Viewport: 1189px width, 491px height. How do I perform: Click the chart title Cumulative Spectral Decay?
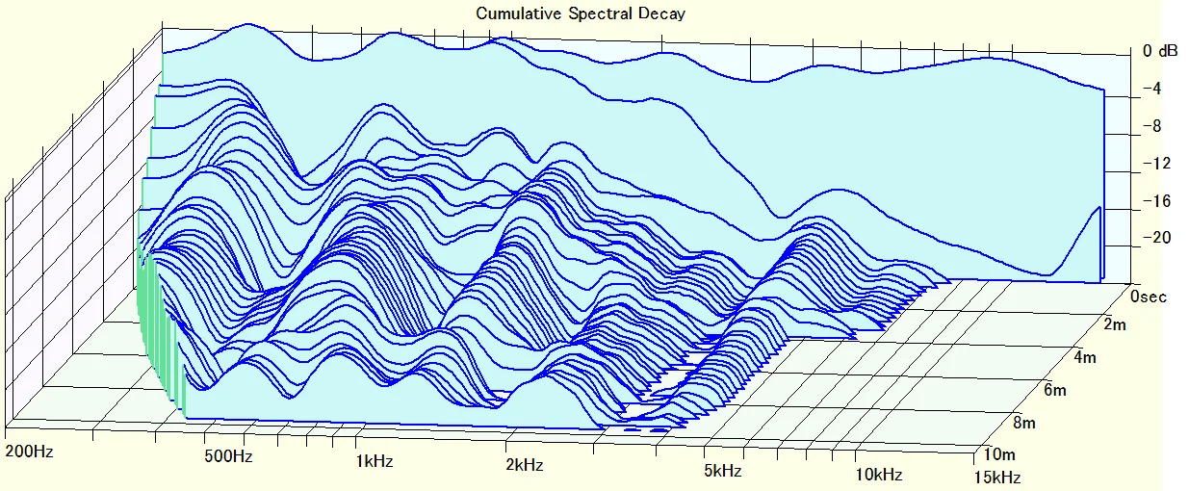coord(580,13)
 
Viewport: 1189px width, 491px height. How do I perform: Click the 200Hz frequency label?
coord(30,452)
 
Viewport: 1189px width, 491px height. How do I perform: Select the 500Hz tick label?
coord(229,455)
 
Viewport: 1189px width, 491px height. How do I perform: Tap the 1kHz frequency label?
coord(375,461)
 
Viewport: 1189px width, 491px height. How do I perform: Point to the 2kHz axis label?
coord(525,465)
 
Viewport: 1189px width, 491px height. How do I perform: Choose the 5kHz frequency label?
coord(722,471)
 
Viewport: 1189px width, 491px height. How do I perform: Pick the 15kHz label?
coord(998,477)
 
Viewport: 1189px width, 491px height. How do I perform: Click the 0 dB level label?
coord(1159,52)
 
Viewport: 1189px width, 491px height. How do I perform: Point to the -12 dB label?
coord(1154,164)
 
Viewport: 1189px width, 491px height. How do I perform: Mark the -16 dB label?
coord(1154,201)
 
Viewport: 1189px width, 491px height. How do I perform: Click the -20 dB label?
coord(1154,238)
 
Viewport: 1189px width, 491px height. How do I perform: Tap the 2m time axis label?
coord(1114,325)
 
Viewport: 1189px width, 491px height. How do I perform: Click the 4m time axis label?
coord(1083,358)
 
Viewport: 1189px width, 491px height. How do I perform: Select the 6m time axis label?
coord(1053,390)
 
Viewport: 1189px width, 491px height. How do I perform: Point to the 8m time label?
coord(1022,422)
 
